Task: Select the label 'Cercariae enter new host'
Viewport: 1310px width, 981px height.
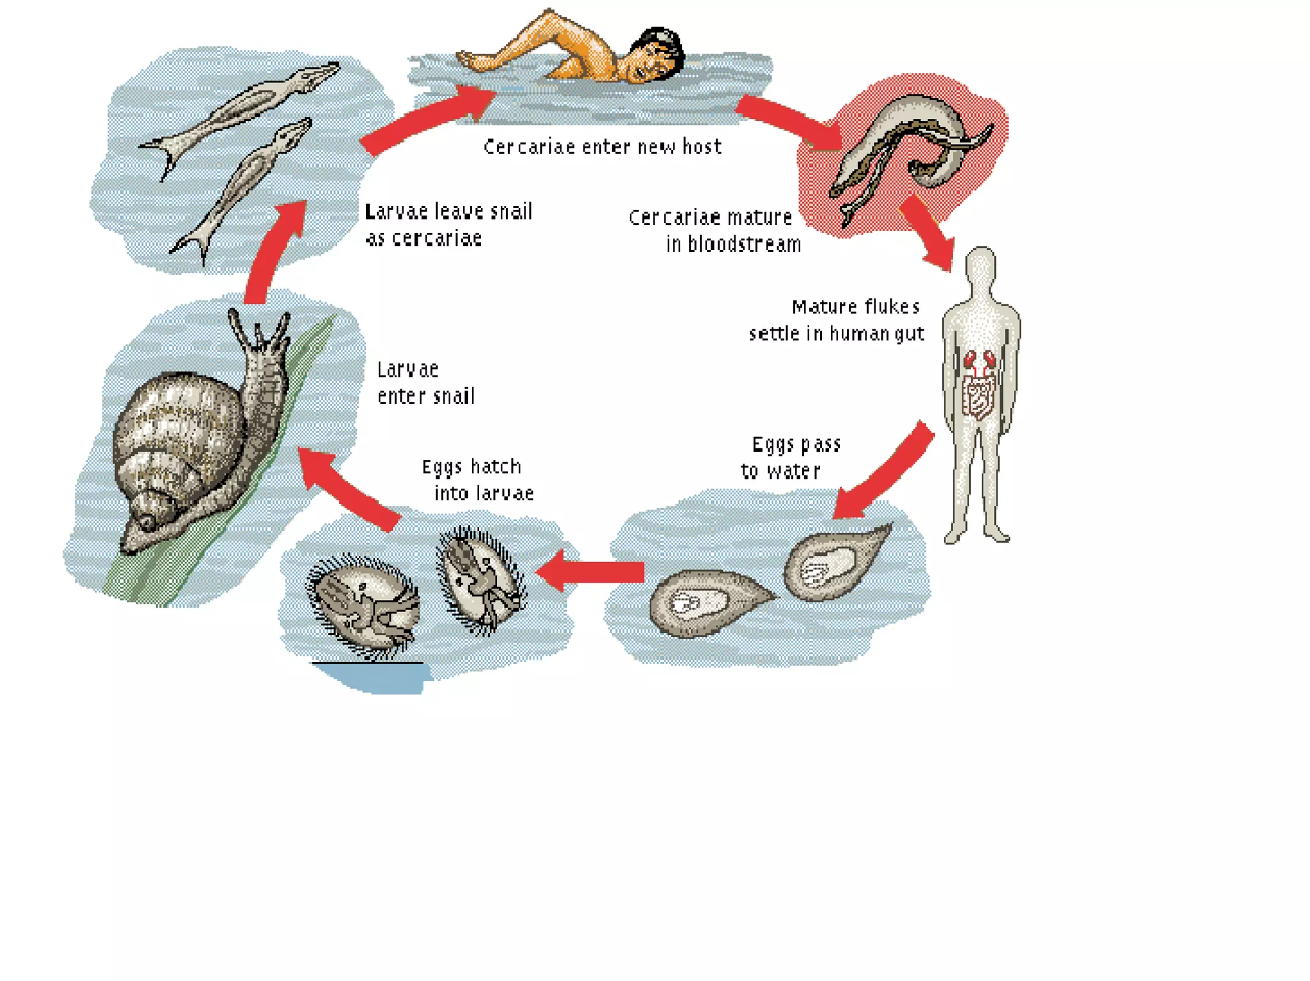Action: (602, 147)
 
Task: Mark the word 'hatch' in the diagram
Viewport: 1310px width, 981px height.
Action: (496, 467)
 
